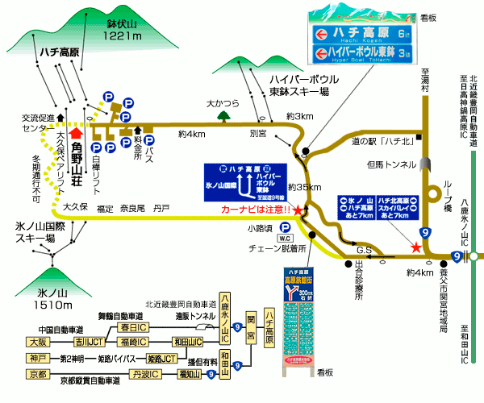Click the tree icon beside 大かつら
pyautogui.click(x=222, y=115)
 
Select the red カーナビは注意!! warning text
pyautogui.click(x=257, y=210)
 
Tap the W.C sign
pyautogui.click(x=284, y=239)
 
